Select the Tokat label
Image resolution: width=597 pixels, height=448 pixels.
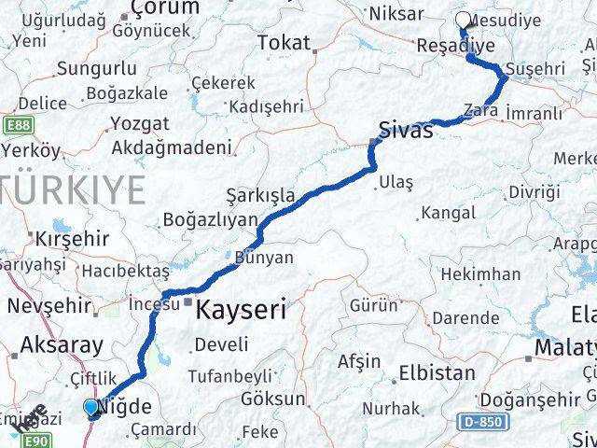[x=283, y=42]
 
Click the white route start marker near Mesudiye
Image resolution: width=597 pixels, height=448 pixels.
[x=463, y=21]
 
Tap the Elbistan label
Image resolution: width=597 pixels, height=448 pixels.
[x=437, y=373]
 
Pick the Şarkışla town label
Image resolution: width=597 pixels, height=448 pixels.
[x=260, y=196]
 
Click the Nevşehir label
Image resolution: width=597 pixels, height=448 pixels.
[x=49, y=305]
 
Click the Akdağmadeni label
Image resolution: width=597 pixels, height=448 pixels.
[x=171, y=147]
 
